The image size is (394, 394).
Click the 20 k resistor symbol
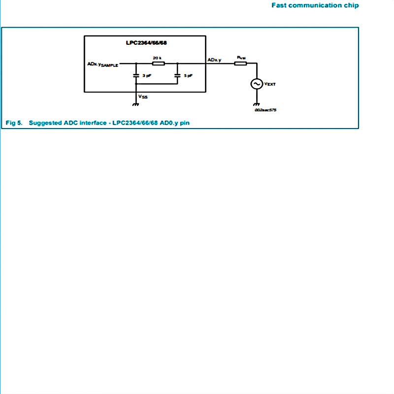click(158, 63)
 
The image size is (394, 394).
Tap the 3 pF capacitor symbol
click(136, 75)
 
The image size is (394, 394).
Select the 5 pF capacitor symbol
click(178, 75)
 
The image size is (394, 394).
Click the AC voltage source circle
click(257, 84)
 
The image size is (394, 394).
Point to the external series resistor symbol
click(241, 63)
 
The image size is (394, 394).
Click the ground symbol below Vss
click(136, 104)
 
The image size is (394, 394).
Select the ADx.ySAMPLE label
click(102, 65)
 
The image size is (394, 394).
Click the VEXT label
click(270, 84)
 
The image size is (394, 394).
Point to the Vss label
click(143, 97)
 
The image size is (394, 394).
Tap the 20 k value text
click(157, 58)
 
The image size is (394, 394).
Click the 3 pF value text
click(146, 76)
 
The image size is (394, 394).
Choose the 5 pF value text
click(188, 76)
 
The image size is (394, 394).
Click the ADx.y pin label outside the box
click(214, 60)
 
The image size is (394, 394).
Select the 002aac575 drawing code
click(265, 110)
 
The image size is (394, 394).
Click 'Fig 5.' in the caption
click(14, 123)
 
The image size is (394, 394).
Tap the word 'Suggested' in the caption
click(45, 123)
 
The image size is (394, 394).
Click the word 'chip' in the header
click(350, 5)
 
